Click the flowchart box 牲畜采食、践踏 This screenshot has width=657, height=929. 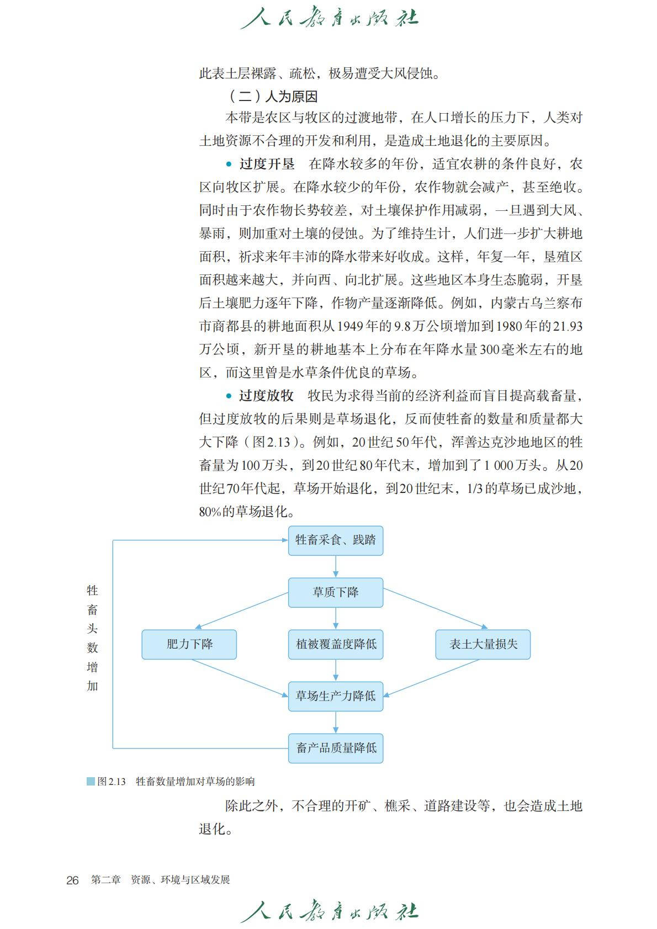coord(335,540)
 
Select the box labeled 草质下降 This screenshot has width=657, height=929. coord(335,592)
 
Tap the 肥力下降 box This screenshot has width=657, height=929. coord(189,644)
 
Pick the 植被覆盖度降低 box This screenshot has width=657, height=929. coord(335,644)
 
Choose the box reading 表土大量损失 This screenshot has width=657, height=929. coord(483,644)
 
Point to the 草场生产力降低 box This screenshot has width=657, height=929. coord(335,696)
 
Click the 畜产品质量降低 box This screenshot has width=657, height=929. coord(335,748)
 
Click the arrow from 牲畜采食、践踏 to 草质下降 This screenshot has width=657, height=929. coord(336,566)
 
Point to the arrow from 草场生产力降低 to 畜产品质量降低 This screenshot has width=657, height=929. coord(336,722)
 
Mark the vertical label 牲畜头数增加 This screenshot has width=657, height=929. coord(92,638)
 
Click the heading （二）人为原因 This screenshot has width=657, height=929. coord(272,97)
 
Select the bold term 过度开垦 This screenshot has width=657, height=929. coord(267,164)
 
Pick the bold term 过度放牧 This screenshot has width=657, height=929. coord(266,396)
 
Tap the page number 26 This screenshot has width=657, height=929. coord(72,880)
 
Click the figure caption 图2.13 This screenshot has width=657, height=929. coord(112,782)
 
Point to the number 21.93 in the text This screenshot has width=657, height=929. coord(568,326)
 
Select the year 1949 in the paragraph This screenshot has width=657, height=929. coord(350,326)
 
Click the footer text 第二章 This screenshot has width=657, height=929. coord(106,880)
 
